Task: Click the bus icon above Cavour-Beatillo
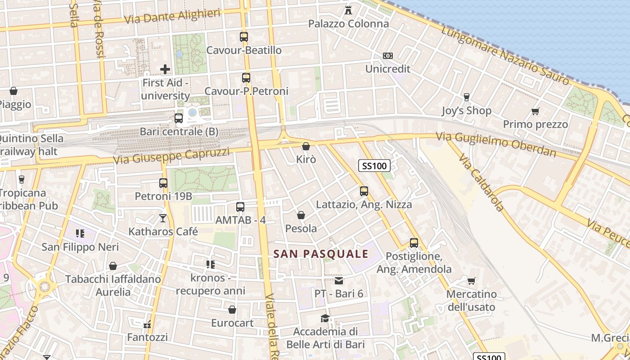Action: [x=244, y=37]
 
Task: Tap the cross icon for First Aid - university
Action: [x=165, y=69]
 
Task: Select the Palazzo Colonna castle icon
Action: [x=348, y=10]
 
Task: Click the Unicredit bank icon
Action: [x=387, y=56]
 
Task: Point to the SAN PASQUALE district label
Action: [x=321, y=254]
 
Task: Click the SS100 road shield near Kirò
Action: [x=374, y=166]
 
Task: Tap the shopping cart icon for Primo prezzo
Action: [x=535, y=111]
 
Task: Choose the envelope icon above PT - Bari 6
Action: [x=339, y=281]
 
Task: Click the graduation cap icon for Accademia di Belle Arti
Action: [x=325, y=319]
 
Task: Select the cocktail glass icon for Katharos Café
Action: [x=163, y=218]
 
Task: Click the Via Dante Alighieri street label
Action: [x=172, y=16]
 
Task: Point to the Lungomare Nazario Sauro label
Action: [x=505, y=55]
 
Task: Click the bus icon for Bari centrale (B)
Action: [x=179, y=118]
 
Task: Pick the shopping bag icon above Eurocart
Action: [x=232, y=310]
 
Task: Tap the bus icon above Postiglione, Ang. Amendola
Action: [x=414, y=243]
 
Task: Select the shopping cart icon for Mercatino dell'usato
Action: [x=471, y=281]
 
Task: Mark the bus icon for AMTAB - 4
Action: [x=240, y=207]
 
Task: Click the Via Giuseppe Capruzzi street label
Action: [x=171, y=156]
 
